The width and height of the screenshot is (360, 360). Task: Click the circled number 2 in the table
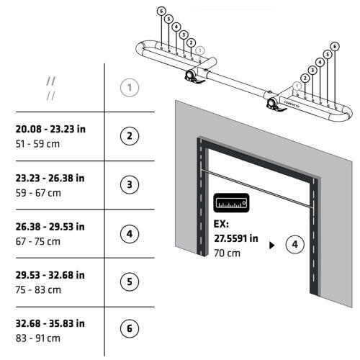pyautogui.click(x=129, y=135)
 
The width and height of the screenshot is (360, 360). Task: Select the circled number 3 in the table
pyautogui.click(x=129, y=184)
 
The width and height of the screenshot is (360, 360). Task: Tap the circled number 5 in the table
pyautogui.click(x=129, y=281)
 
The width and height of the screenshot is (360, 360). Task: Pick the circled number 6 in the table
pyautogui.click(x=129, y=329)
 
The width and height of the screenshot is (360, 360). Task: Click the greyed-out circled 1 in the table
pyautogui.click(x=129, y=89)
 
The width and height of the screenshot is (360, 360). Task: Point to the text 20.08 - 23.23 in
pyautogui.click(x=50, y=130)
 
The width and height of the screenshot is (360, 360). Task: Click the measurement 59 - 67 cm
pyautogui.click(x=38, y=192)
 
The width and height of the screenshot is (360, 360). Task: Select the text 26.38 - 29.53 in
pyautogui.click(x=50, y=226)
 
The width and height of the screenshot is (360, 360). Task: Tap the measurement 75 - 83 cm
pyautogui.click(x=38, y=289)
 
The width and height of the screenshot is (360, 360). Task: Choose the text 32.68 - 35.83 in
pyautogui.click(x=50, y=323)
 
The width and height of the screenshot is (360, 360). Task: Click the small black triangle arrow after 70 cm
pyautogui.click(x=272, y=245)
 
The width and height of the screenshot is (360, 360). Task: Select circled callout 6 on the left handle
pyautogui.click(x=161, y=12)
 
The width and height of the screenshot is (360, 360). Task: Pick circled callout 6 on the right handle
pyautogui.click(x=334, y=46)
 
